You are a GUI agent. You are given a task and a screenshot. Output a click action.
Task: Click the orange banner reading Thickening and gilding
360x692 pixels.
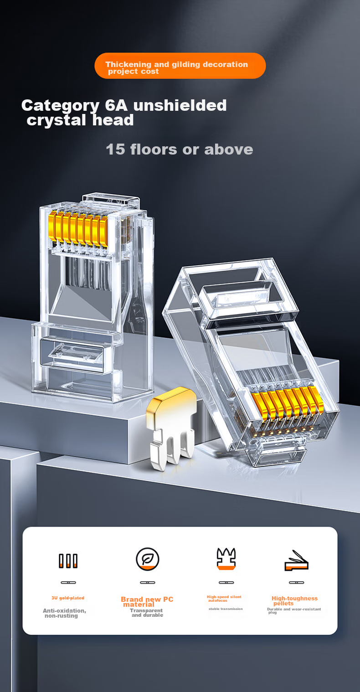tap(180, 66)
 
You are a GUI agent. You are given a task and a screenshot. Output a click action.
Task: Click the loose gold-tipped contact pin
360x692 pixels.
tap(171, 429)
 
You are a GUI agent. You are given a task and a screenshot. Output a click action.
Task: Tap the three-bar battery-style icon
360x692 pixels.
tap(68, 561)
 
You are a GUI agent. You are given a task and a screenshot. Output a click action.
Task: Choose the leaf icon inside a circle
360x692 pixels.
tap(148, 559)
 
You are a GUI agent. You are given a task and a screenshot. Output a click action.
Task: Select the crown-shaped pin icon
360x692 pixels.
tap(226, 558)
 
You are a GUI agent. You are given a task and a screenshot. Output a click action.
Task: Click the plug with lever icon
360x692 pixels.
tap(296, 561)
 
